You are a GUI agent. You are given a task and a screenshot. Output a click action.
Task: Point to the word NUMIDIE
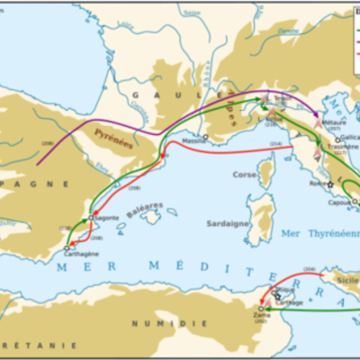[152, 322]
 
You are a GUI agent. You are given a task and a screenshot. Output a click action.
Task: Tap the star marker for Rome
[329, 184]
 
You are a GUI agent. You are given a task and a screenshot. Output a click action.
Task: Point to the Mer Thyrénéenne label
[314, 233]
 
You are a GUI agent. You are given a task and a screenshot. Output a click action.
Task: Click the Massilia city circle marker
[206, 137]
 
